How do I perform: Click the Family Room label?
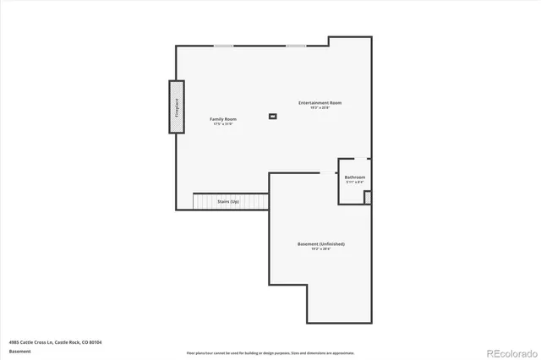[223, 119]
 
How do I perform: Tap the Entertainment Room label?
[320, 103]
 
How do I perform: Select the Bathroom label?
[355, 177]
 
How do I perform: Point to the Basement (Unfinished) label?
[320, 243]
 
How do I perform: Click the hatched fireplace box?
[177, 106]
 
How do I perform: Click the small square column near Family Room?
[272, 116]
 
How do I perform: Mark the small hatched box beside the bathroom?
[368, 197]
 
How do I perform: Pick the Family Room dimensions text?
[223, 124]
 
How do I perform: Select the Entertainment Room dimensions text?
[320, 108]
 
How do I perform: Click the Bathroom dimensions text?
[355, 182]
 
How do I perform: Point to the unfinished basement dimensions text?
[320, 248]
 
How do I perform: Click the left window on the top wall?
[223, 46]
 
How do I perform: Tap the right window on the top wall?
[295, 46]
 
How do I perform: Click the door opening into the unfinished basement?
[327, 173]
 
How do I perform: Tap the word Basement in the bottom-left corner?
[19, 352]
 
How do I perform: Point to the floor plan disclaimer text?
[270, 352]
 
